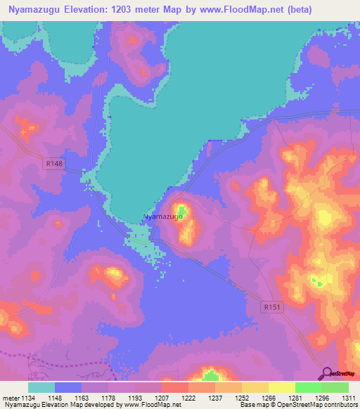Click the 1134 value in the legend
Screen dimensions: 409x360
coord(32,398)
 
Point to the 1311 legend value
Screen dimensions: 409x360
coord(348,398)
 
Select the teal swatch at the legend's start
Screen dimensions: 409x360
coord(41,387)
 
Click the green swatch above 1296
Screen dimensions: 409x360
coord(308,387)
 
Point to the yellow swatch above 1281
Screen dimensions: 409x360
coord(281,387)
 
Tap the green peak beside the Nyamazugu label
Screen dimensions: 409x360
coord(183,211)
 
